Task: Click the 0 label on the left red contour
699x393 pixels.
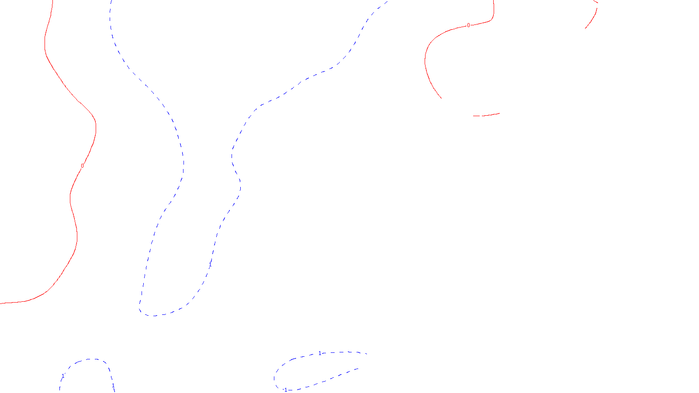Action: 82,166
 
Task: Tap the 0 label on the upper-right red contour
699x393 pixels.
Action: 469,25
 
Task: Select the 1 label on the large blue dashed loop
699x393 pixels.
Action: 209,264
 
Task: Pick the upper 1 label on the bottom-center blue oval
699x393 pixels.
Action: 320,353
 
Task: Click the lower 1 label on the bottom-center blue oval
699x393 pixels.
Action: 286,390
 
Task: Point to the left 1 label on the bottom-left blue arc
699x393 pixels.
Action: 63,376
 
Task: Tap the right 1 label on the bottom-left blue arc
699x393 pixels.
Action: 113,386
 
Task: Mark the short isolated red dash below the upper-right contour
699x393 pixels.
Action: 486,115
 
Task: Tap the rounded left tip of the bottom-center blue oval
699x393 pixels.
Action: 275,377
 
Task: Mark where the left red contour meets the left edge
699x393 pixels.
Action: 1,303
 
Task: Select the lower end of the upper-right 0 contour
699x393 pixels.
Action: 441,98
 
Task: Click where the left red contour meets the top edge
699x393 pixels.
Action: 53,1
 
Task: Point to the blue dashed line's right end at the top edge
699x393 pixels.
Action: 387,1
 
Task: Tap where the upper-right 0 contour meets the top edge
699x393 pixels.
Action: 494,1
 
